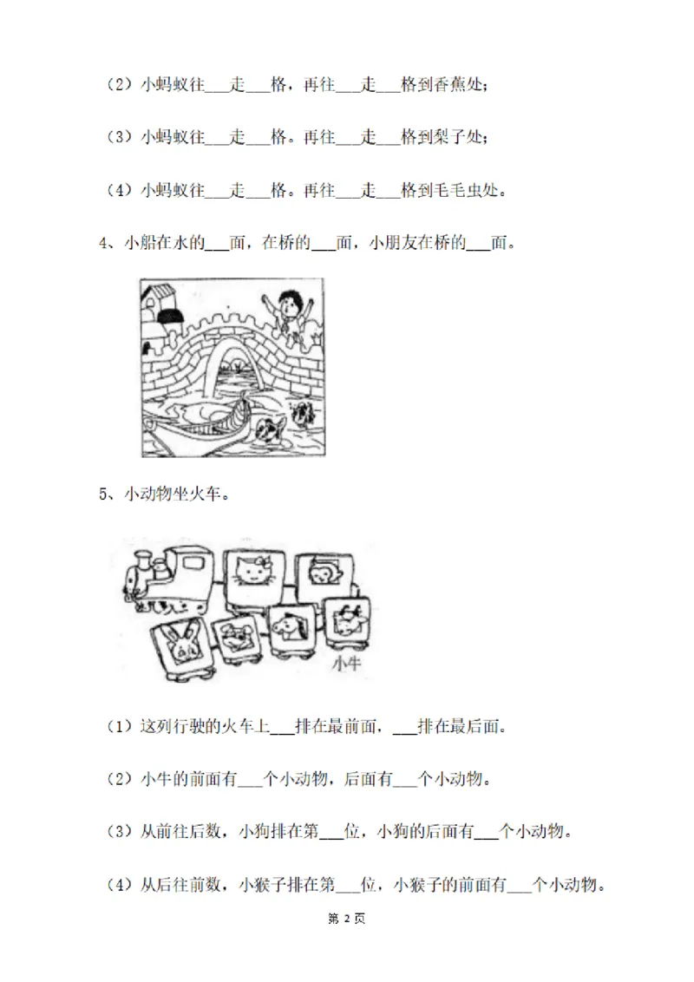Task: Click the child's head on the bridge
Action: coord(291,305)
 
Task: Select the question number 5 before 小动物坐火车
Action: coord(103,494)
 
